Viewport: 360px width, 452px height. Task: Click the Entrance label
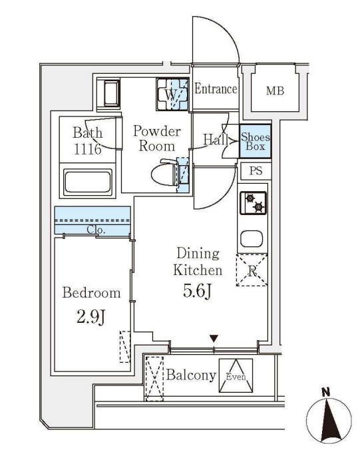[x=216, y=89]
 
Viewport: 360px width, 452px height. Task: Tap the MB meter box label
[x=275, y=91]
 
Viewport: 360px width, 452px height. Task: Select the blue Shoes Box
[x=256, y=141]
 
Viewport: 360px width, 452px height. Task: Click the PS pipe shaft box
[x=256, y=171]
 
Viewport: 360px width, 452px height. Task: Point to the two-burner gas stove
[x=254, y=203]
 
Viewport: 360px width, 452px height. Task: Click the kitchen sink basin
[x=252, y=239]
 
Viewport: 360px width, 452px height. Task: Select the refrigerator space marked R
[x=252, y=270]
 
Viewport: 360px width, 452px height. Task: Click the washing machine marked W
[x=172, y=94]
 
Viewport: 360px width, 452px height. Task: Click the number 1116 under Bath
[x=88, y=149]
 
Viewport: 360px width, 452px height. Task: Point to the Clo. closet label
[x=96, y=230]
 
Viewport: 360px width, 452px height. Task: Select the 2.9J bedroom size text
[x=91, y=316]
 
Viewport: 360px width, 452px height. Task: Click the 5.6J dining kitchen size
[x=198, y=292]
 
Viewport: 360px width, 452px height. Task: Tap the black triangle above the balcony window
[x=214, y=338]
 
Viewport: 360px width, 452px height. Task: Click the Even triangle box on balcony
[x=236, y=375]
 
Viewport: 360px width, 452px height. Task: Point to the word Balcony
[x=191, y=375]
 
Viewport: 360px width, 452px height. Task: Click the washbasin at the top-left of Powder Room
[x=112, y=93]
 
